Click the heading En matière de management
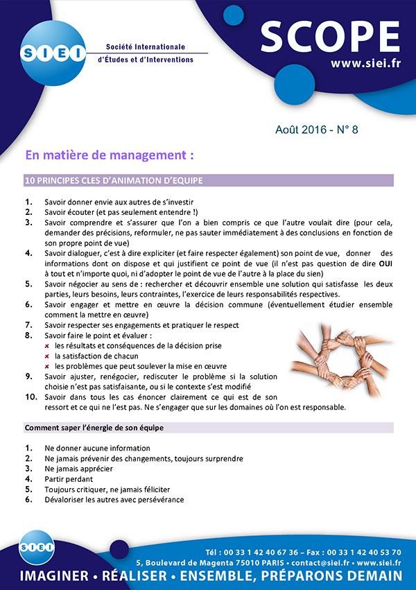tap(109, 154)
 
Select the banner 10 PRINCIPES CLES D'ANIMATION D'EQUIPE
tap(114, 181)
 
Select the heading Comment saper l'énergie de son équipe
tap(94, 428)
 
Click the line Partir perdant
tap(68, 478)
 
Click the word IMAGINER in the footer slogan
tap(55, 577)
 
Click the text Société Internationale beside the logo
tap(146, 46)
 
